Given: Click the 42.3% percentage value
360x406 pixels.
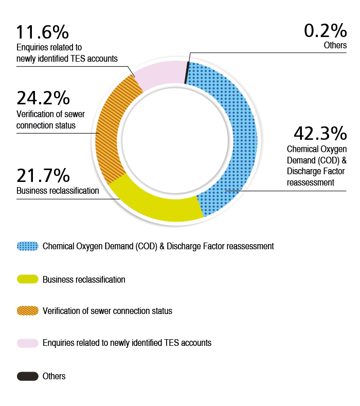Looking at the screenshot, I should click(x=320, y=134).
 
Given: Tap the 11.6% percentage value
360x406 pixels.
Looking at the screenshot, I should click(x=43, y=32).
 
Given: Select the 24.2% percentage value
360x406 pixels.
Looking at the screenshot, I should click(x=43, y=98).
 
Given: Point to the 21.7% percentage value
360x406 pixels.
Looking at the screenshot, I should click(x=43, y=176).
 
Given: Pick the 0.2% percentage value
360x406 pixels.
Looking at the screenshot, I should click(x=325, y=31).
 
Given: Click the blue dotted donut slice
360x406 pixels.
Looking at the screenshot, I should click(x=237, y=134).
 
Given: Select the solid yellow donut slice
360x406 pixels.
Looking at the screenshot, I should click(x=154, y=203).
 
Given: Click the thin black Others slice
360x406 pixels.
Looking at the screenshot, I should click(x=187, y=72).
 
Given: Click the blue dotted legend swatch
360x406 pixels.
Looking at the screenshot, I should click(x=28, y=246).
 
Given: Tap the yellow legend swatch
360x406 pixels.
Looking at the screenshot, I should click(x=28, y=279).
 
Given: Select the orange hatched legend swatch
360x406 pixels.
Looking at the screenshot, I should click(x=28, y=311).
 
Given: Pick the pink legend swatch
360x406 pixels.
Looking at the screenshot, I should click(x=28, y=343).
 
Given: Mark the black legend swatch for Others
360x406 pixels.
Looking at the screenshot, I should click(x=28, y=376).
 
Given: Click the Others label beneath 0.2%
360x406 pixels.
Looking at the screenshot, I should click(x=335, y=45).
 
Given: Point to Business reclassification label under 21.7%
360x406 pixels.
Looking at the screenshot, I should click(x=58, y=191).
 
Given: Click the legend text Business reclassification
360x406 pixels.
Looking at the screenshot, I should click(x=84, y=280).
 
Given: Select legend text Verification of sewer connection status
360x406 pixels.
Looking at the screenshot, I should click(x=107, y=311).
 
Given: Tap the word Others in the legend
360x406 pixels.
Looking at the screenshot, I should click(x=54, y=376).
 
